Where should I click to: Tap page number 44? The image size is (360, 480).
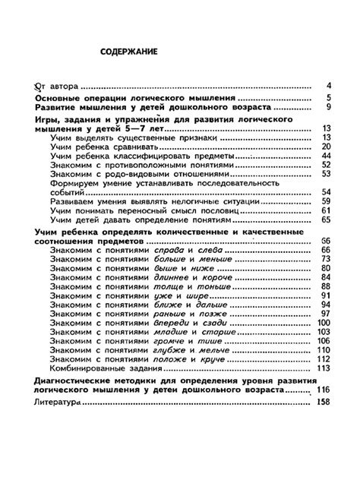point(327,155)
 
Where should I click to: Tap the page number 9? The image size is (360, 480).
point(327,107)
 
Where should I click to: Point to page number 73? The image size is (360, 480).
point(327,258)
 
